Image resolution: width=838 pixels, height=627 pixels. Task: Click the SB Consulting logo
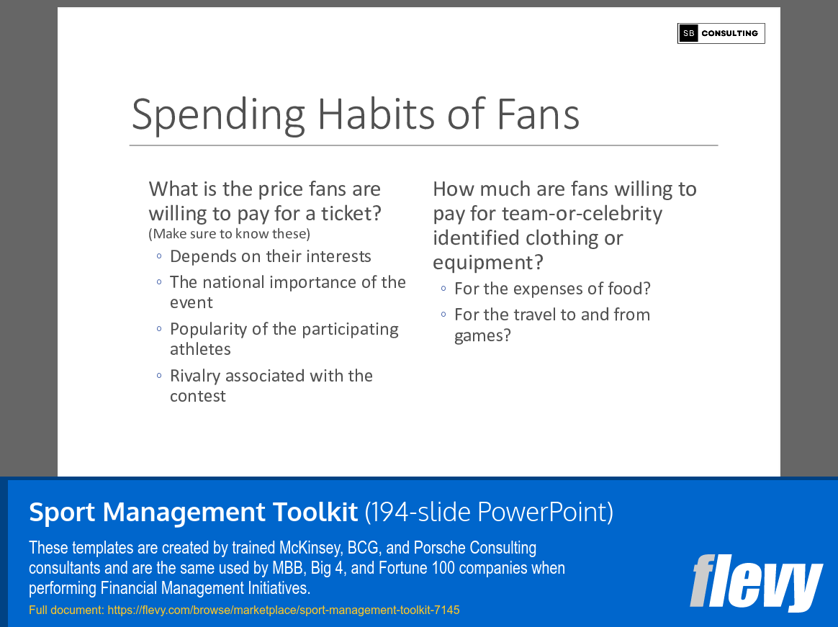coord(721,33)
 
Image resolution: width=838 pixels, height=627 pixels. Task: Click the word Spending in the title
coord(219,114)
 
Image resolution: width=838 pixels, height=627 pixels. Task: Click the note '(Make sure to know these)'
coord(229,233)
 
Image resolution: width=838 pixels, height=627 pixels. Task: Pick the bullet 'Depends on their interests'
coord(270,257)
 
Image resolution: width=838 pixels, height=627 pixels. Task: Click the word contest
coord(198,396)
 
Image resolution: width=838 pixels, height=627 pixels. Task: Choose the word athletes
coord(200,349)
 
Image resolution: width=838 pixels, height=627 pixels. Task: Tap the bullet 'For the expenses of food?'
coord(552,289)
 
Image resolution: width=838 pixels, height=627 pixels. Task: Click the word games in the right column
coord(477,335)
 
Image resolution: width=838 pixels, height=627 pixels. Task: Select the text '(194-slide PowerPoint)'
coord(489,512)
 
